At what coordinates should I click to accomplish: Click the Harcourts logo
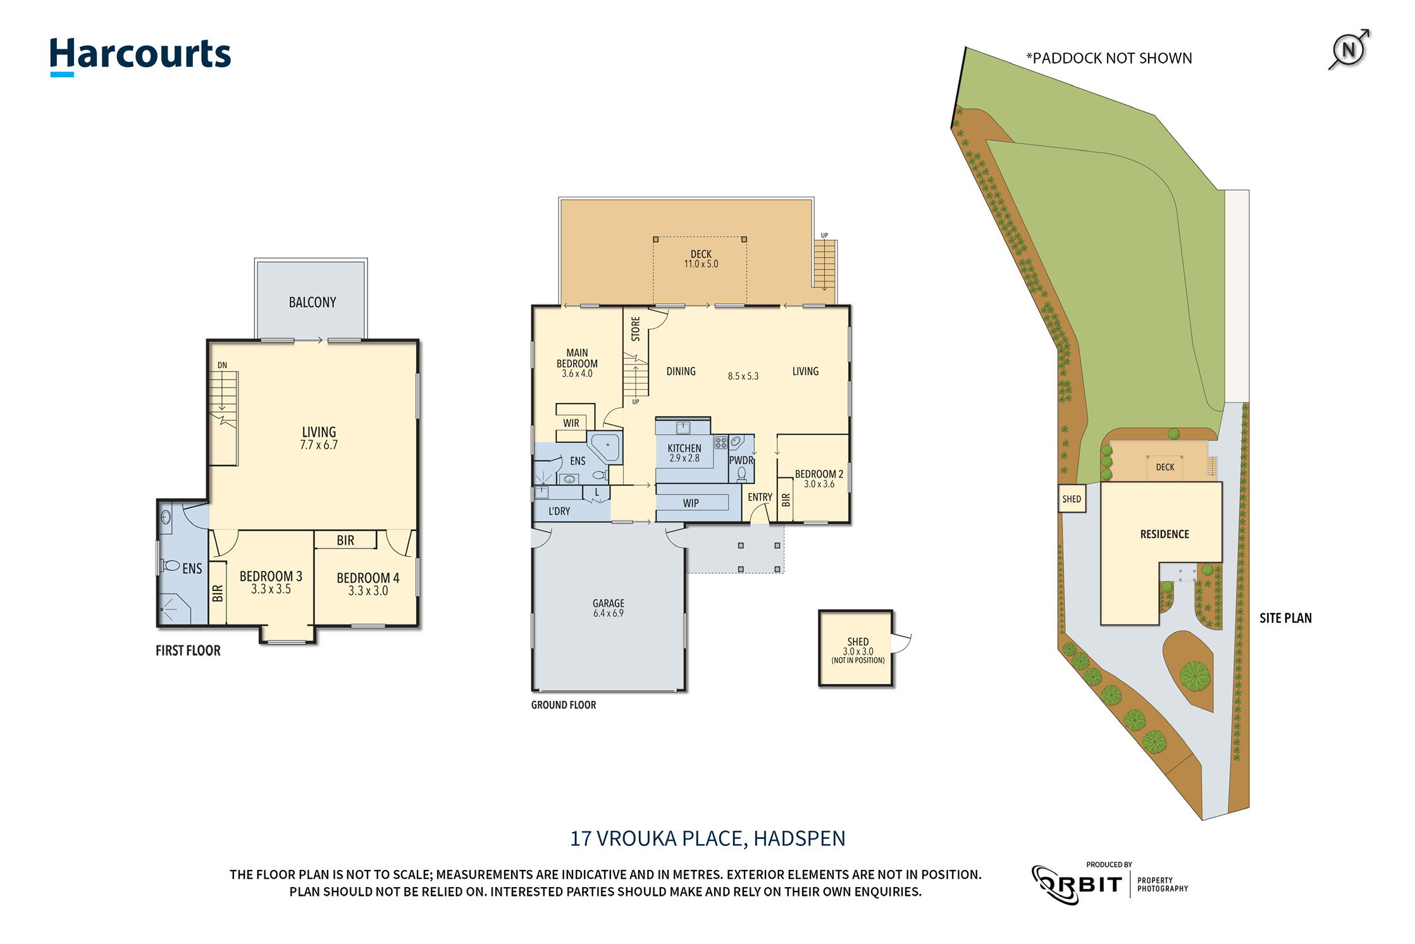[x=140, y=56]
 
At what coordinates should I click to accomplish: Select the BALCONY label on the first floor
[x=312, y=302]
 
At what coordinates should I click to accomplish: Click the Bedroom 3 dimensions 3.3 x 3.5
[x=271, y=590]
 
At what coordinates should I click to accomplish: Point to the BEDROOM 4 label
[x=368, y=578]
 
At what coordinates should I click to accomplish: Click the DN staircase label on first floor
[x=222, y=365]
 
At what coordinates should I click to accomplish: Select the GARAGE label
[x=608, y=603]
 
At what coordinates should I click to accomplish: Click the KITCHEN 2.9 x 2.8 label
[x=684, y=453]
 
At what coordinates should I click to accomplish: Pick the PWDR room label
[x=741, y=461]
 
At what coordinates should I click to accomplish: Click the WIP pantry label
[x=690, y=503]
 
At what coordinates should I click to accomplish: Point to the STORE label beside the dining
[x=635, y=329]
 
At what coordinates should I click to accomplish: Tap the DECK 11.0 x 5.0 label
[x=700, y=259]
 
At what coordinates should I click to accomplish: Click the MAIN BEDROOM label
[x=576, y=358]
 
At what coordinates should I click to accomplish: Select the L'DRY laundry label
[x=559, y=511]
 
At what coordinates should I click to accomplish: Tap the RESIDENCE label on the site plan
[x=1164, y=534]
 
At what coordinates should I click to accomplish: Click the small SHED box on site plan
[x=1071, y=499]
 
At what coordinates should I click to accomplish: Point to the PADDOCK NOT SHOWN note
[x=1108, y=58]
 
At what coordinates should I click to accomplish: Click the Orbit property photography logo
[x=1110, y=884]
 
